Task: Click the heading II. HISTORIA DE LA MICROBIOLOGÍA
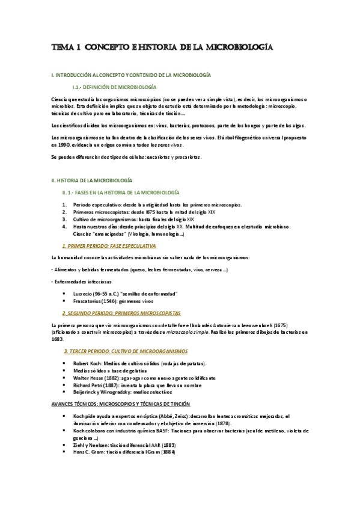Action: (92, 180)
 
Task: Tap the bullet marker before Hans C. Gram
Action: (65, 452)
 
